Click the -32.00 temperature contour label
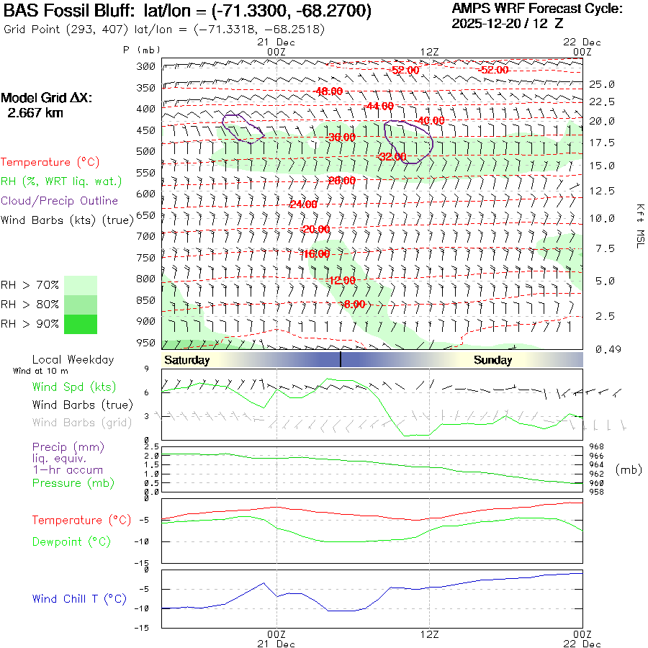click(392, 156)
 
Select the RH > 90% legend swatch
click(80, 324)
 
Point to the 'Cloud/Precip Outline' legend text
click(59, 201)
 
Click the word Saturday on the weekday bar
click(186, 360)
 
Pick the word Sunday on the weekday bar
click(492, 360)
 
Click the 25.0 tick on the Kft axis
click(602, 84)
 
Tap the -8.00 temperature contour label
click(354, 304)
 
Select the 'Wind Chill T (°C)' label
click(79, 598)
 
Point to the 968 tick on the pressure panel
click(597, 446)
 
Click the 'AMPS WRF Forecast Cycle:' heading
click(536, 9)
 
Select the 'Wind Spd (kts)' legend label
click(73, 387)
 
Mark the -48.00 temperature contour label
click(329, 91)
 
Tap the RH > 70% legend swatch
click(80, 285)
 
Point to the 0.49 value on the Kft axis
click(602, 349)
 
